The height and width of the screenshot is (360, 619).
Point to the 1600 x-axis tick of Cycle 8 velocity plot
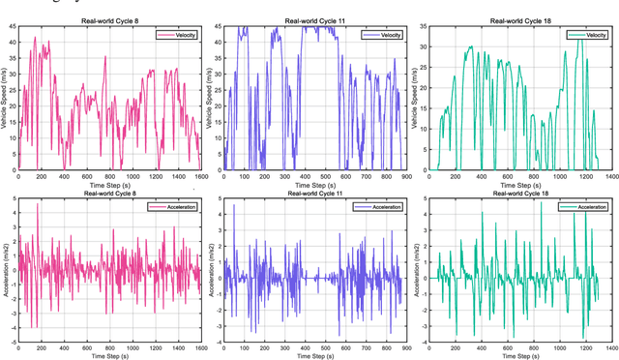point(200,176)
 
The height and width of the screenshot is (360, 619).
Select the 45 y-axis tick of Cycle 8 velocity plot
point(12,28)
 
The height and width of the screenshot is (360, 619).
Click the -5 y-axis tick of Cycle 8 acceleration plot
point(11,342)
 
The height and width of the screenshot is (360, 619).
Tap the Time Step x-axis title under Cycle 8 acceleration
point(110,356)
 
